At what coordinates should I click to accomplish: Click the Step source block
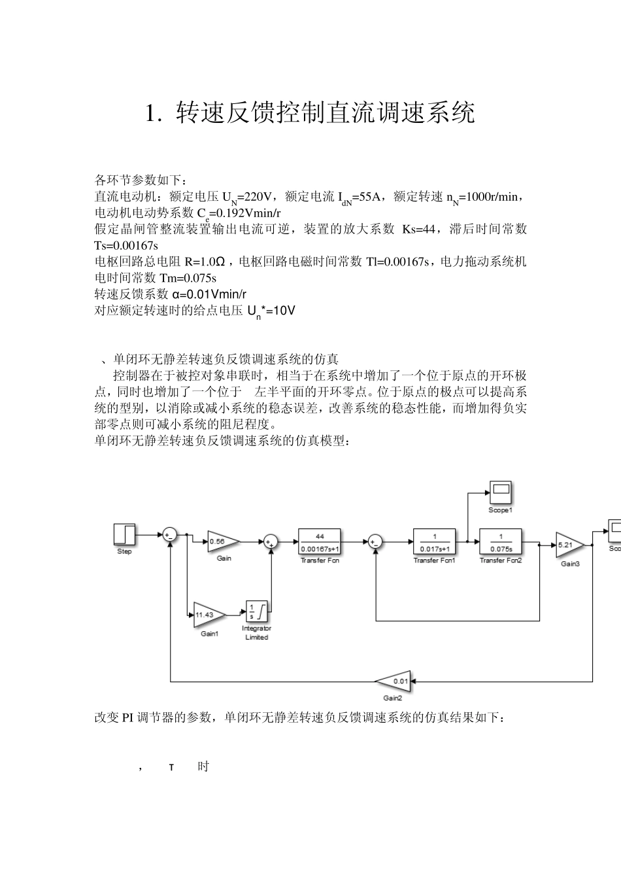coord(124,534)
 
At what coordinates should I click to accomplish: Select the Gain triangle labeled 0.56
coord(222,541)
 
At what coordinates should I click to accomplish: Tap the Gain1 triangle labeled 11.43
coord(209,615)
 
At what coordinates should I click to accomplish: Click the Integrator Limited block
coord(257,612)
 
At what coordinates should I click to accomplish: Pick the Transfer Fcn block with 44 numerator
coord(320,542)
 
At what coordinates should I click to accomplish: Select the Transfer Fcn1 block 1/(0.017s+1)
coord(435,542)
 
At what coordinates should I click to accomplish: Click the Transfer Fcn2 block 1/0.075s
coord(501,542)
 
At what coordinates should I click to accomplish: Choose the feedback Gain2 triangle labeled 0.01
coord(396,681)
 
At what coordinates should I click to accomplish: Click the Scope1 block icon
coord(501,492)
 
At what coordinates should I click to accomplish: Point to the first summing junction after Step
coord(169,535)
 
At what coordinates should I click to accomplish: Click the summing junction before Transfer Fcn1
coord(375,542)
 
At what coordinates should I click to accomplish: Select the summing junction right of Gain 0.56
coord(270,542)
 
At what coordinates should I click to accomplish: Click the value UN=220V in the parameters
coord(246,197)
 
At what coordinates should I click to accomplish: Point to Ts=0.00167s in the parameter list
coord(126,245)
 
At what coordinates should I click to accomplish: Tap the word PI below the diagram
coord(127,717)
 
